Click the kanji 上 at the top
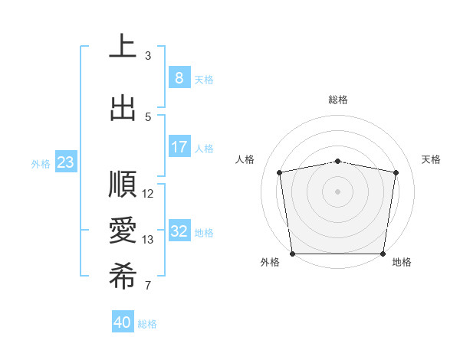pyautogui.click(x=123, y=46)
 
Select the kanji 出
pyautogui.click(x=123, y=107)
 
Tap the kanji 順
pyautogui.click(x=123, y=185)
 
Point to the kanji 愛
pyautogui.click(x=123, y=231)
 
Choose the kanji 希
pyautogui.click(x=123, y=277)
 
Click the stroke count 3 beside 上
pyautogui.click(x=148, y=56)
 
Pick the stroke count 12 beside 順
pyautogui.click(x=149, y=194)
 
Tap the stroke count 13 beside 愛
pyautogui.click(x=149, y=240)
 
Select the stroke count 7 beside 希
pyautogui.click(x=148, y=286)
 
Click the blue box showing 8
pyautogui.click(x=179, y=77)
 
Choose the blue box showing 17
pyautogui.click(x=179, y=146)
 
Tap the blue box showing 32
pyautogui.click(x=179, y=231)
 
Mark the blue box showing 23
pyautogui.click(x=65, y=162)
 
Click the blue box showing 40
pyautogui.click(x=123, y=322)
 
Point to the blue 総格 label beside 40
pyautogui.click(x=147, y=324)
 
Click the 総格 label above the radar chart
pyautogui.click(x=338, y=100)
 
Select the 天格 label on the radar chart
pyautogui.click(x=432, y=159)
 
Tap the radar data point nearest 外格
pyautogui.click(x=292, y=254)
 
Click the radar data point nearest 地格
pyautogui.click(x=383, y=254)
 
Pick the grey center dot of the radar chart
pyautogui.click(x=338, y=191)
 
